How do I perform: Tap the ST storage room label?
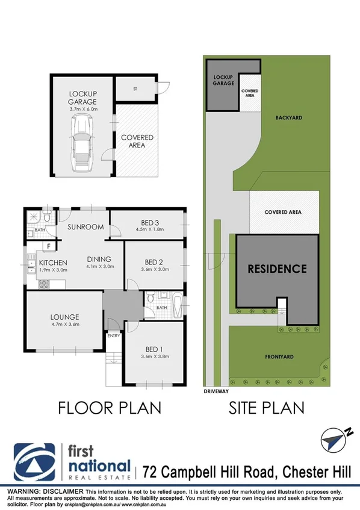point(135,89)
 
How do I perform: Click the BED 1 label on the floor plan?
point(154,349)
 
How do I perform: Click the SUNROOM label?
point(85,227)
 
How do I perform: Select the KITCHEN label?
point(52,263)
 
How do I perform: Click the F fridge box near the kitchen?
point(47,246)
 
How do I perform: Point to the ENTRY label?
point(113,336)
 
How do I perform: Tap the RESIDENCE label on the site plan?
point(278,269)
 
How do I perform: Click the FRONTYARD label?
point(280,356)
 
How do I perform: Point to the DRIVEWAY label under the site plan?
point(214,390)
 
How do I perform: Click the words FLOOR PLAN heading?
point(110,407)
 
